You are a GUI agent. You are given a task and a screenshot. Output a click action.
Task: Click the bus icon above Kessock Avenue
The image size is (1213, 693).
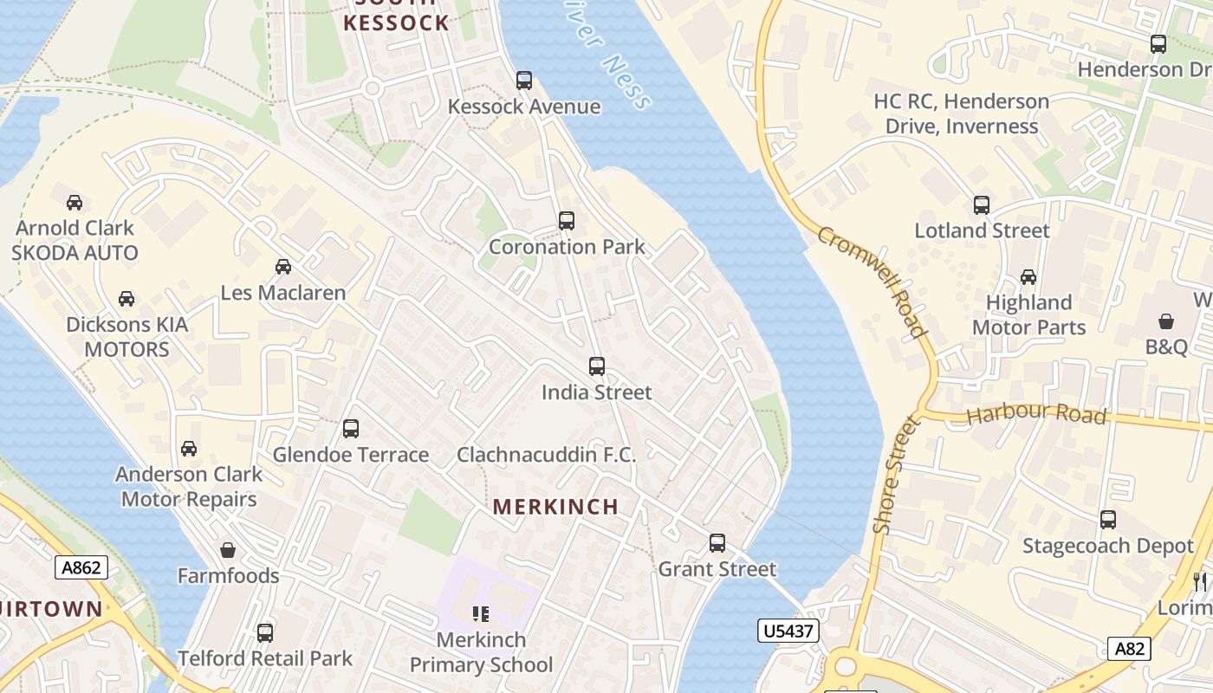click(523, 81)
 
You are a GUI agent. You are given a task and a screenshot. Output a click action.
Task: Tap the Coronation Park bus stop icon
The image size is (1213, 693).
click(566, 221)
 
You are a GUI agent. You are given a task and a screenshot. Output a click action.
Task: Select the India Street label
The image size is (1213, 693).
click(596, 392)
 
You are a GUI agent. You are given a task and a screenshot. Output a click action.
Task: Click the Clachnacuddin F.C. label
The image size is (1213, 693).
click(546, 455)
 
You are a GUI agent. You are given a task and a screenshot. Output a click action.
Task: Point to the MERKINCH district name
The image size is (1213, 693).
click(555, 507)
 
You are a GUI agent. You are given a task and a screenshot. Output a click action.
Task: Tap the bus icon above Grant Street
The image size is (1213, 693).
click(717, 543)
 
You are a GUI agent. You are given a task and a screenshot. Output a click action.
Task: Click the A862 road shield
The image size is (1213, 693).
click(82, 568)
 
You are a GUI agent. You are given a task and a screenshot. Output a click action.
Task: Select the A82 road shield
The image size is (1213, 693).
click(1129, 649)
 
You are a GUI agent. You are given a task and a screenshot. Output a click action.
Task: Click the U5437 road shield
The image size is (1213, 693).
click(788, 631)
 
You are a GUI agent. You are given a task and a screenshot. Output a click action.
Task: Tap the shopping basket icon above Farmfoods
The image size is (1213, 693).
click(228, 550)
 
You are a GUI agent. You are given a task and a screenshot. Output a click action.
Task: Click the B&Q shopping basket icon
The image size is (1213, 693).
click(1166, 321)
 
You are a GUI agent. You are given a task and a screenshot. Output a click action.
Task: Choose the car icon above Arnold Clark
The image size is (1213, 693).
click(75, 203)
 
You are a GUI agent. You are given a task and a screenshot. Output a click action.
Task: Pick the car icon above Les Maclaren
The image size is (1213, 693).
click(283, 267)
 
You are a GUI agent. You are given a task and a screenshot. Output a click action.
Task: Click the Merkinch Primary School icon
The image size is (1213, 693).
click(481, 614)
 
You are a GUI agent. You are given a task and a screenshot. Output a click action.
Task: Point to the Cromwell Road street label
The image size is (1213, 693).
click(872, 282)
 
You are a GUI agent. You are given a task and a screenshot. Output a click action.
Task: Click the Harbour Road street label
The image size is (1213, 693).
click(1036, 415)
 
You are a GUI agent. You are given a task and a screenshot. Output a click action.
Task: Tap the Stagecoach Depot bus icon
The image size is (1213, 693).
click(1107, 520)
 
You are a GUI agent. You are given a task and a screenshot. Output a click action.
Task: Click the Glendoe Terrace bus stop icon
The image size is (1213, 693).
click(351, 429)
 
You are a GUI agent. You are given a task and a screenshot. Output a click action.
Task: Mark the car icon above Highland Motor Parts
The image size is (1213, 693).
click(1028, 277)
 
